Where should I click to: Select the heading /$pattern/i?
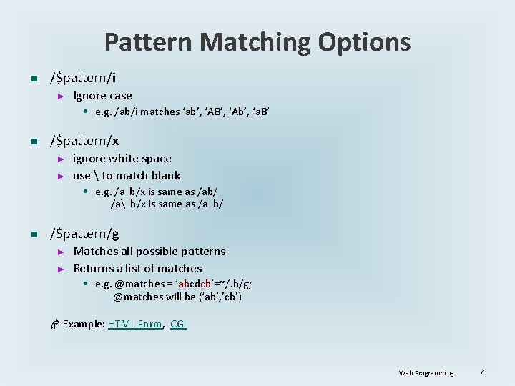(x=83, y=77)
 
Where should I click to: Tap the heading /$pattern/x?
(x=84, y=141)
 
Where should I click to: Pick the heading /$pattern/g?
(x=84, y=234)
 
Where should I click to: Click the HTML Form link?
(x=135, y=324)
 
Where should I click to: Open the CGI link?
(x=179, y=324)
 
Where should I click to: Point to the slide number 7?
(x=483, y=372)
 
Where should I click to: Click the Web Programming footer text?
(x=426, y=372)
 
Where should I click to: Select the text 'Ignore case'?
(x=103, y=96)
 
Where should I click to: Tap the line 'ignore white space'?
(x=122, y=159)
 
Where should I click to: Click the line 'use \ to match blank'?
(x=127, y=176)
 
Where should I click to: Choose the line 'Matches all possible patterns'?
(x=149, y=252)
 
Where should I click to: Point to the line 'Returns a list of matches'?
(x=138, y=269)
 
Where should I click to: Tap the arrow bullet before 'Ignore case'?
(x=61, y=96)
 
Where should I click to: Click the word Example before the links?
(x=83, y=324)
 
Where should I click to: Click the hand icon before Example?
(x=54, y=325)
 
